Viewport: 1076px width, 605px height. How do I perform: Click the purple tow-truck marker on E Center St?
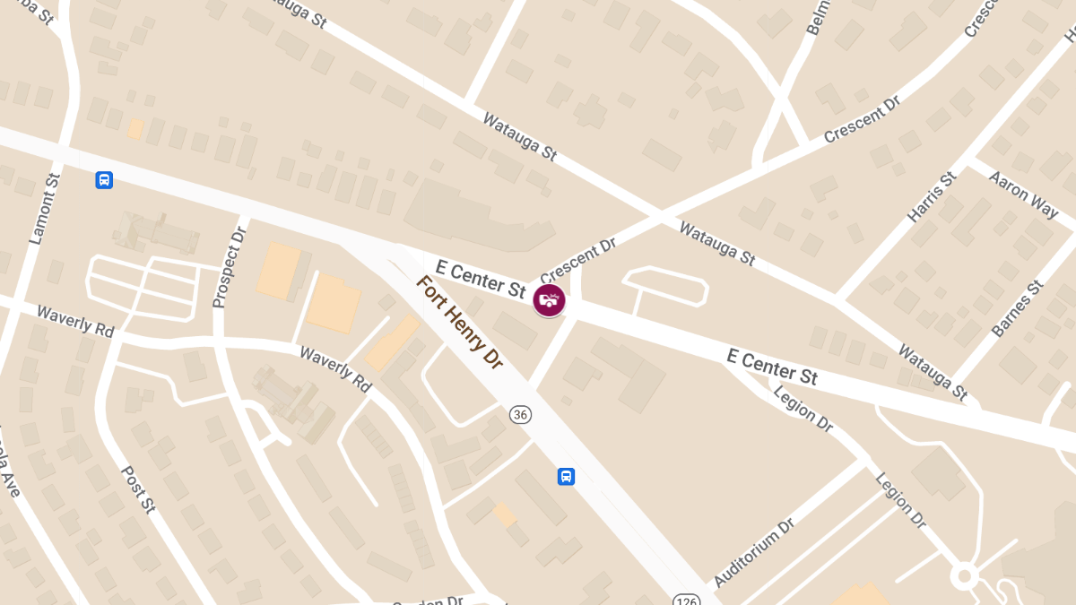pyautogui.click(x=549, y=300)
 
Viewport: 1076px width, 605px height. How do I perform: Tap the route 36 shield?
pyautogui.click(x=520, y=414)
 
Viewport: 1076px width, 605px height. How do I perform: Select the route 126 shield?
pyautogui.click(x=685, y=598)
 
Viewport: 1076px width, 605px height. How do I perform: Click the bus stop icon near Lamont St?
pyautogui.click(x=104, y=180)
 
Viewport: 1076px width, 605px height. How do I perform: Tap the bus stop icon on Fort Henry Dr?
pyautogui.click(x=566, y=476)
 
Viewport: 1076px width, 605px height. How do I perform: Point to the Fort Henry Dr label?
pyautogui.click(x=459, y=321)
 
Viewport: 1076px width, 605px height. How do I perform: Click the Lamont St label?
pyautogui.click(x=44, y=209)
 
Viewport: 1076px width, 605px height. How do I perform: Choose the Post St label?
pyautogui.click(x=138, y=488)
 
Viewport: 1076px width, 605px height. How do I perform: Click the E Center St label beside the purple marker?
pyautogui.click(x=480, y=278)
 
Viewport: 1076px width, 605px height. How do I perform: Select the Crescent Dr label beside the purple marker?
pyautogui.click(x=578, y=258)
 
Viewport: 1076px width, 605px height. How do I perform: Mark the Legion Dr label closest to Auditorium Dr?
pyautogui.click(x=899, y=499)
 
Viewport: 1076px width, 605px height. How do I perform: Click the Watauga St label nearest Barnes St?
pyautogui.click(x=933, y=372)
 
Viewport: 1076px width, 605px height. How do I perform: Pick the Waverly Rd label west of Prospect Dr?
pyautogui.click(x=75, y=319)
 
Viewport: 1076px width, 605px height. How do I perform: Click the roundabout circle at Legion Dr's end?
pyautogui.click(x=965, y=575)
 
